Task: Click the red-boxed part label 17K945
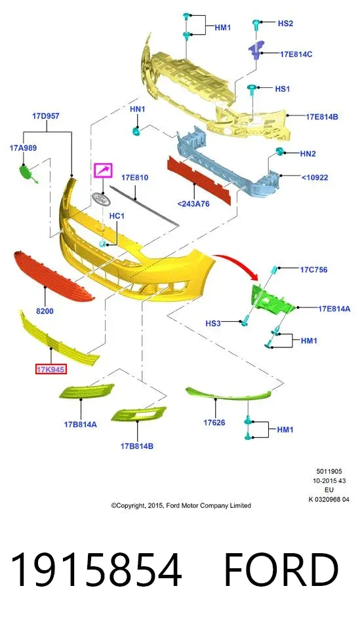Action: pyautogui.click(x=50, y=369)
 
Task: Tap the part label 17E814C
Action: pyautogui.click(x=296, y=54)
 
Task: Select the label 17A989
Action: pyautogui.click(x=23, y=148)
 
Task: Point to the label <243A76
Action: pyautogui.click(x=193, y=204)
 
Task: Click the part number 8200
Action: pyautogui.click(x=45, y=311)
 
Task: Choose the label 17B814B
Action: pyautogui.click(x=137, y=446)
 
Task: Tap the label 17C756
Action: pyautogui.click(x=313, y=270)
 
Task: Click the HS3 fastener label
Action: pyautogui.click(x=212, y=323)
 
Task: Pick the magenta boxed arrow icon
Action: pyautogui.click(x=103, y=170)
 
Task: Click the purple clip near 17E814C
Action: pyautogui.click(x=256, y=49)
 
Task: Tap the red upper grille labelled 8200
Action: pyautogui.click(x=53, y=276)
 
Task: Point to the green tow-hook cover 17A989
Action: pyautogui.click(x=28, y=173)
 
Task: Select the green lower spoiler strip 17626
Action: pyautogui.click(x=229, y=394)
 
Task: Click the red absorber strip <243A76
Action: pyautogui.click(x=199, y=180)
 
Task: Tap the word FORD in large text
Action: pyautogui.click(x=281, y=570)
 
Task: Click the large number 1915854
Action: pyautogui.click(x=96, y=570)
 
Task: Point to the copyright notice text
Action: pyautogui.click(x=181, y=505)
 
